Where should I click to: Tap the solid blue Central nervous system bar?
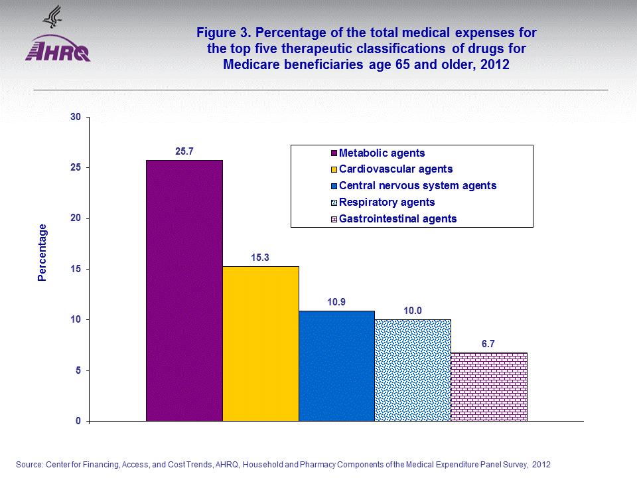pos(336,366)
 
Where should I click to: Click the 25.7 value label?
pos(184,151)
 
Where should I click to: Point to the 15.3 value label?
pos(261,257)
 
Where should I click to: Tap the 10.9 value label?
pos(336,301)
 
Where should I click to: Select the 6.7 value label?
pos(489,344)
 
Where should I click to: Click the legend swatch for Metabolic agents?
pos(334,153)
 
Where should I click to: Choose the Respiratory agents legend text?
pos(387,202)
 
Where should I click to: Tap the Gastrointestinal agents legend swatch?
pos(334,218)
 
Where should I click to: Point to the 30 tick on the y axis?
pos(75,118)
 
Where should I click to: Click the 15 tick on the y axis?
pos(75,269)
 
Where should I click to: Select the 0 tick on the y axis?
pos(78,421)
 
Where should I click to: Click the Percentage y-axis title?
pos(42,252)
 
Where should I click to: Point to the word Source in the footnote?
pos(30,464)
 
